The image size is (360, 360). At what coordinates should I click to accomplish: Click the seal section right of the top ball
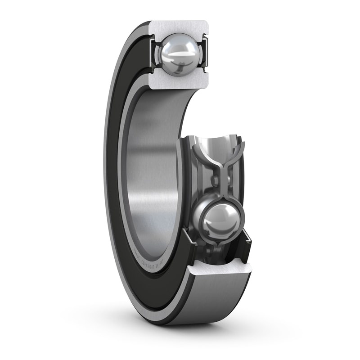click(205, 54)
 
